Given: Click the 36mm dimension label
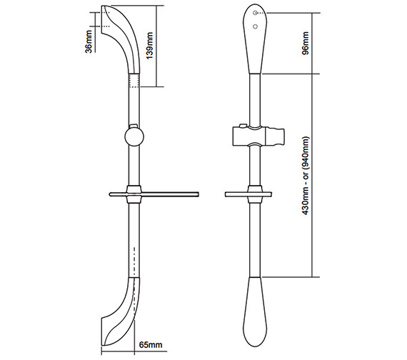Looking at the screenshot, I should pyautogui.click(x=88, y=40).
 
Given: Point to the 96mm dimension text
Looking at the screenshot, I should pyautogui.click(x=306, y=43).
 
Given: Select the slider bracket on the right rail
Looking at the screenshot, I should pyautogui.click(x=254, y=134).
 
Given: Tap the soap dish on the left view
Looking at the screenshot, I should pyautogui.click(x=153, y=194).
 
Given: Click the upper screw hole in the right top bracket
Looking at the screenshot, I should pyautogui.click(x=255, y=14).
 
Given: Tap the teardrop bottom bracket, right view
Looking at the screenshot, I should pyautogui.click(x=255, y=307).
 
